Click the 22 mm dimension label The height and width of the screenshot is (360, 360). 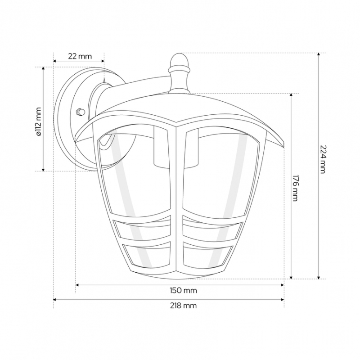(x=80, y=56)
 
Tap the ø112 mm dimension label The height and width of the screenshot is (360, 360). (x=39, y=121)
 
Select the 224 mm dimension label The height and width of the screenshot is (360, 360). (x=323, y=159)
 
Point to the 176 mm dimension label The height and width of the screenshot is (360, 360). (x=296, y=188)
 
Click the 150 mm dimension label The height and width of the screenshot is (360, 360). (x=184, y=290)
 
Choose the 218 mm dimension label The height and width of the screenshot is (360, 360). (x=184, y=306)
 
